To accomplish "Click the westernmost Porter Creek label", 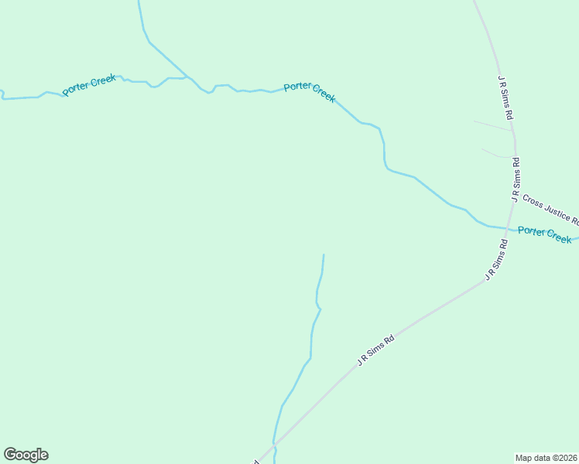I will [89, 84].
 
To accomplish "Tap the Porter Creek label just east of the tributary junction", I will [310, 91].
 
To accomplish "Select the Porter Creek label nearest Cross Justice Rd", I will [544, 234].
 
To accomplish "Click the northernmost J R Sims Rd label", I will [506, 97].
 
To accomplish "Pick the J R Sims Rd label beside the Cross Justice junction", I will [516, 179].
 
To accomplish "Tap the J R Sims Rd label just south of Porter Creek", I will [497, 260].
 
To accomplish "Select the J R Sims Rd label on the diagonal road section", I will [376, 350].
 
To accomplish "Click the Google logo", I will [26, 455].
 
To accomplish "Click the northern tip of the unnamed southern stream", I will [324, 254].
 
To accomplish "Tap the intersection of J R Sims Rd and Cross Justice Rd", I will [514, 195].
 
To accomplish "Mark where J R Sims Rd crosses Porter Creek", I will [508, 229].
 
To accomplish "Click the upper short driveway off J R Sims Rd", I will [493, 126].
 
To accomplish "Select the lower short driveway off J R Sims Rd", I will [498, 154].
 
